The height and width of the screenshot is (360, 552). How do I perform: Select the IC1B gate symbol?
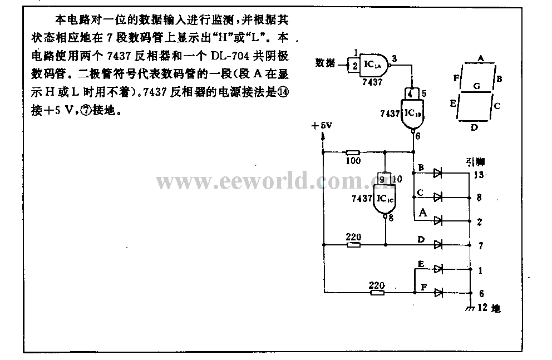tap(411, 114)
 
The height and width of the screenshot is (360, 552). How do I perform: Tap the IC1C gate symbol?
tap(384, 199)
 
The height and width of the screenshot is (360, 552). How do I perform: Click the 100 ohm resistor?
tap(352, 152)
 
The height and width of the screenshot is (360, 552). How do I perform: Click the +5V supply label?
tap(322, 126)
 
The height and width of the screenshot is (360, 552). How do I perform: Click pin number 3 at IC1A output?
tap(394, 58)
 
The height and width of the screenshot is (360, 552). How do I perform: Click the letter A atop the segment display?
tap(480, 58)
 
